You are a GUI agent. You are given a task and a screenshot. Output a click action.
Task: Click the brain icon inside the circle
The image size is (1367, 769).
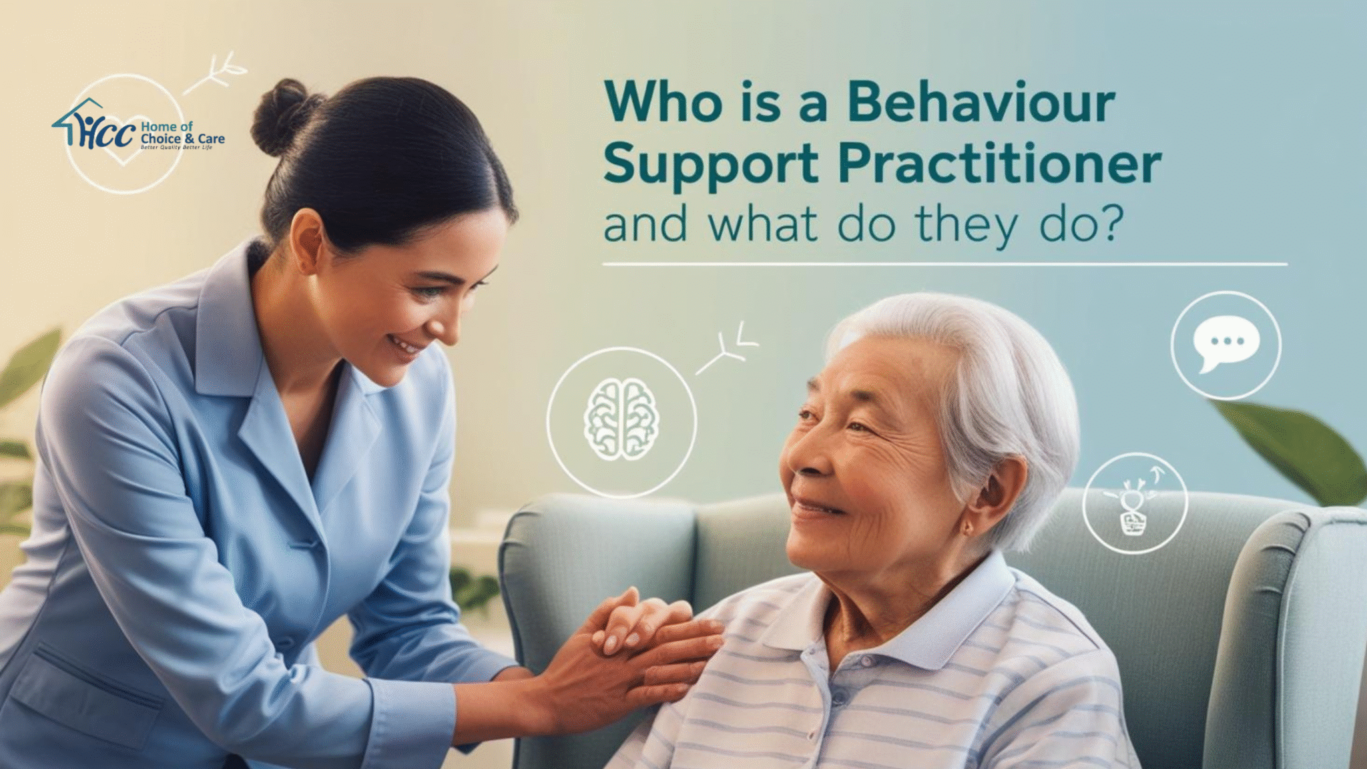pyautogui.click(x=621, y=420)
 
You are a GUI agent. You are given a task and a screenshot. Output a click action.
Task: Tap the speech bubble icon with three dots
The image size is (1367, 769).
pyautogui.click(x=1225, y=344)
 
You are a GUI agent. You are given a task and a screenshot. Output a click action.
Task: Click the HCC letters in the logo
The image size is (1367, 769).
pyautogui.click(x=107, y=134)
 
